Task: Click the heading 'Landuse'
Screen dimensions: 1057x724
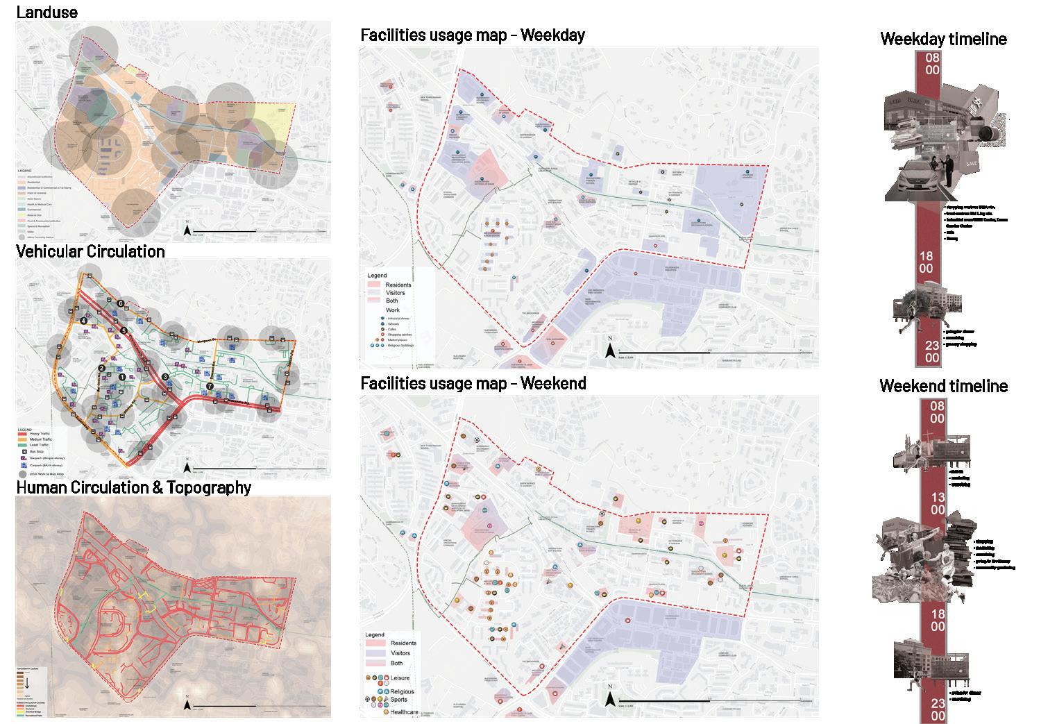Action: tap(46, 12)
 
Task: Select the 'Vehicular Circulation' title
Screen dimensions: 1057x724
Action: tap(90, 251)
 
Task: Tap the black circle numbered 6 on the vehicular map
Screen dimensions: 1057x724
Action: tap(121, 303)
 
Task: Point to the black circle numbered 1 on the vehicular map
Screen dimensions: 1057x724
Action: tap(122, 376)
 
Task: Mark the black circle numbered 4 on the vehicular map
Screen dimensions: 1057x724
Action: tap(84, 320)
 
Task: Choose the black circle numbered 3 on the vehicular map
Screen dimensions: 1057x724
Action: tap(165, 377)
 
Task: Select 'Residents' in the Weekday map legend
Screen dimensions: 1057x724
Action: tap(398, 285)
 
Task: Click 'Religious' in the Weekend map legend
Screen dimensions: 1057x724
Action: tap(402, 691)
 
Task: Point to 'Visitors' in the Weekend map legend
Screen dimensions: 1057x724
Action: tap(400, 653)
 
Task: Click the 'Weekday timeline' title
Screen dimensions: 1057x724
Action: tap(943, 40)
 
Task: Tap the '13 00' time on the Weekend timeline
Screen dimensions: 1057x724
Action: tap(937, 503)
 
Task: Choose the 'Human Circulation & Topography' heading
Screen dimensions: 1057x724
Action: tap(133, 487)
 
